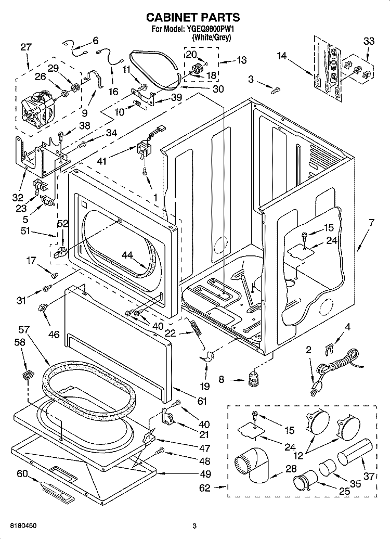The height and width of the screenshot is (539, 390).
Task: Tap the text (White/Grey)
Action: (x=212, y=37)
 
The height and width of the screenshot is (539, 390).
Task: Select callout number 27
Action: (x=26, y=47)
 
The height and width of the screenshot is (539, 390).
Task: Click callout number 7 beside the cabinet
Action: (x=371, y=223)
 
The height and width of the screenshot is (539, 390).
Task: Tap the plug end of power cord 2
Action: (x=314, y=388)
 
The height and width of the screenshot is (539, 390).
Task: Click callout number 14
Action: (x=281, y=55)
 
